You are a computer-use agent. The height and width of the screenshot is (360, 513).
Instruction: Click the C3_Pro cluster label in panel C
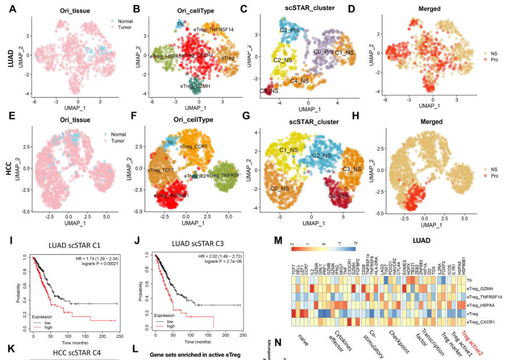tap(289, 30)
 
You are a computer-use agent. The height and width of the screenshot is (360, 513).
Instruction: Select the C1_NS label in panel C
tap(344, 52)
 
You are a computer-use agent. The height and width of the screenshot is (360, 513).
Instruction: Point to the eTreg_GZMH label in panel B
tap(195, 86)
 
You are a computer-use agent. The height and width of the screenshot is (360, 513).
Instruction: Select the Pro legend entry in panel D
tap(493, 59)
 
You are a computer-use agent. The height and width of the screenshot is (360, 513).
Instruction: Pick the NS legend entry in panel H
tap(493, 169)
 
